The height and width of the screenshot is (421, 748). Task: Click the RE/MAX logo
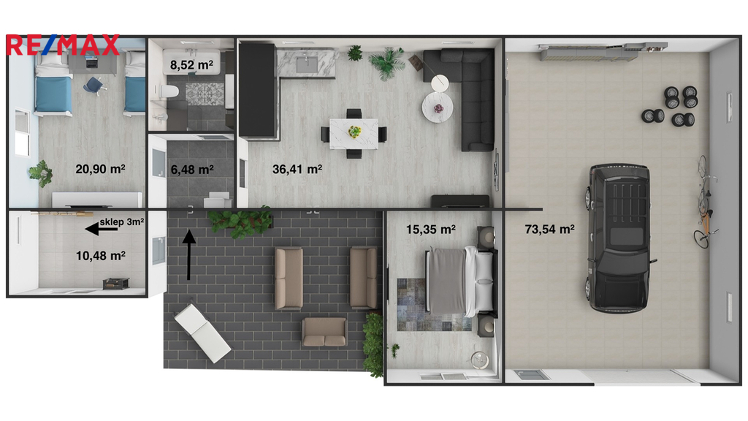click(63, 45)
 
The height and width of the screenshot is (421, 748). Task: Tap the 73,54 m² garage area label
click(549, 229)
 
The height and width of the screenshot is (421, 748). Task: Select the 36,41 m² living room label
click(297, 169)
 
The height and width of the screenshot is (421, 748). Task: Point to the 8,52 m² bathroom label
click(192, 64)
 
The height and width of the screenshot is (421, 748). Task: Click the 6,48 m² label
click(192, 170)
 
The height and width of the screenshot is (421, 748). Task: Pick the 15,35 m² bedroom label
click(431, 230)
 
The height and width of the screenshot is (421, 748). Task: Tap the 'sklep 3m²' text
click(122, 222)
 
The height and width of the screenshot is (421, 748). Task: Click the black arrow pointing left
click(101, 230)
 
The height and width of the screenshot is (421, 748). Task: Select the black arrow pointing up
click(189, 255)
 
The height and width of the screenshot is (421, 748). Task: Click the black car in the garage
click(619, 238)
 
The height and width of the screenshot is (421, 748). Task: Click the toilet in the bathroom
click(167, 90)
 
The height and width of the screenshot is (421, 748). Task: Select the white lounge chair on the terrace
click(203, 333)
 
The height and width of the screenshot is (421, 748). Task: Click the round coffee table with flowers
click(438, 107)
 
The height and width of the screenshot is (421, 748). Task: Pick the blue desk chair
click(93, 86)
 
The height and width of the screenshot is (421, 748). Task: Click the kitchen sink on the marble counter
click(306, 63)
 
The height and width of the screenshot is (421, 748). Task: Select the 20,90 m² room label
click(100, 169)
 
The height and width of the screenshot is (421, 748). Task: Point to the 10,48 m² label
click(101, 256)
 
